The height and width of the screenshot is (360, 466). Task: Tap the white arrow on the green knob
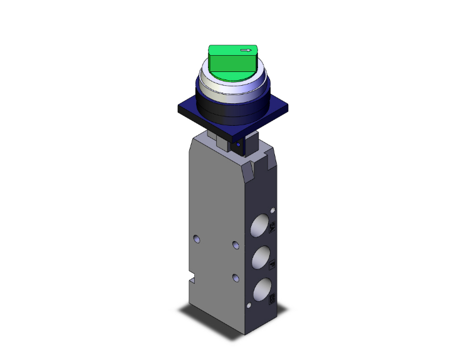click(247, 50)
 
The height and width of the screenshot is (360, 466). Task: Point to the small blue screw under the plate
click(238, 146)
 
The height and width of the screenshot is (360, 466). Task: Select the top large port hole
click(261, 225)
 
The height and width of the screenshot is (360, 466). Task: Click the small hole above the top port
click(273, 206)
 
